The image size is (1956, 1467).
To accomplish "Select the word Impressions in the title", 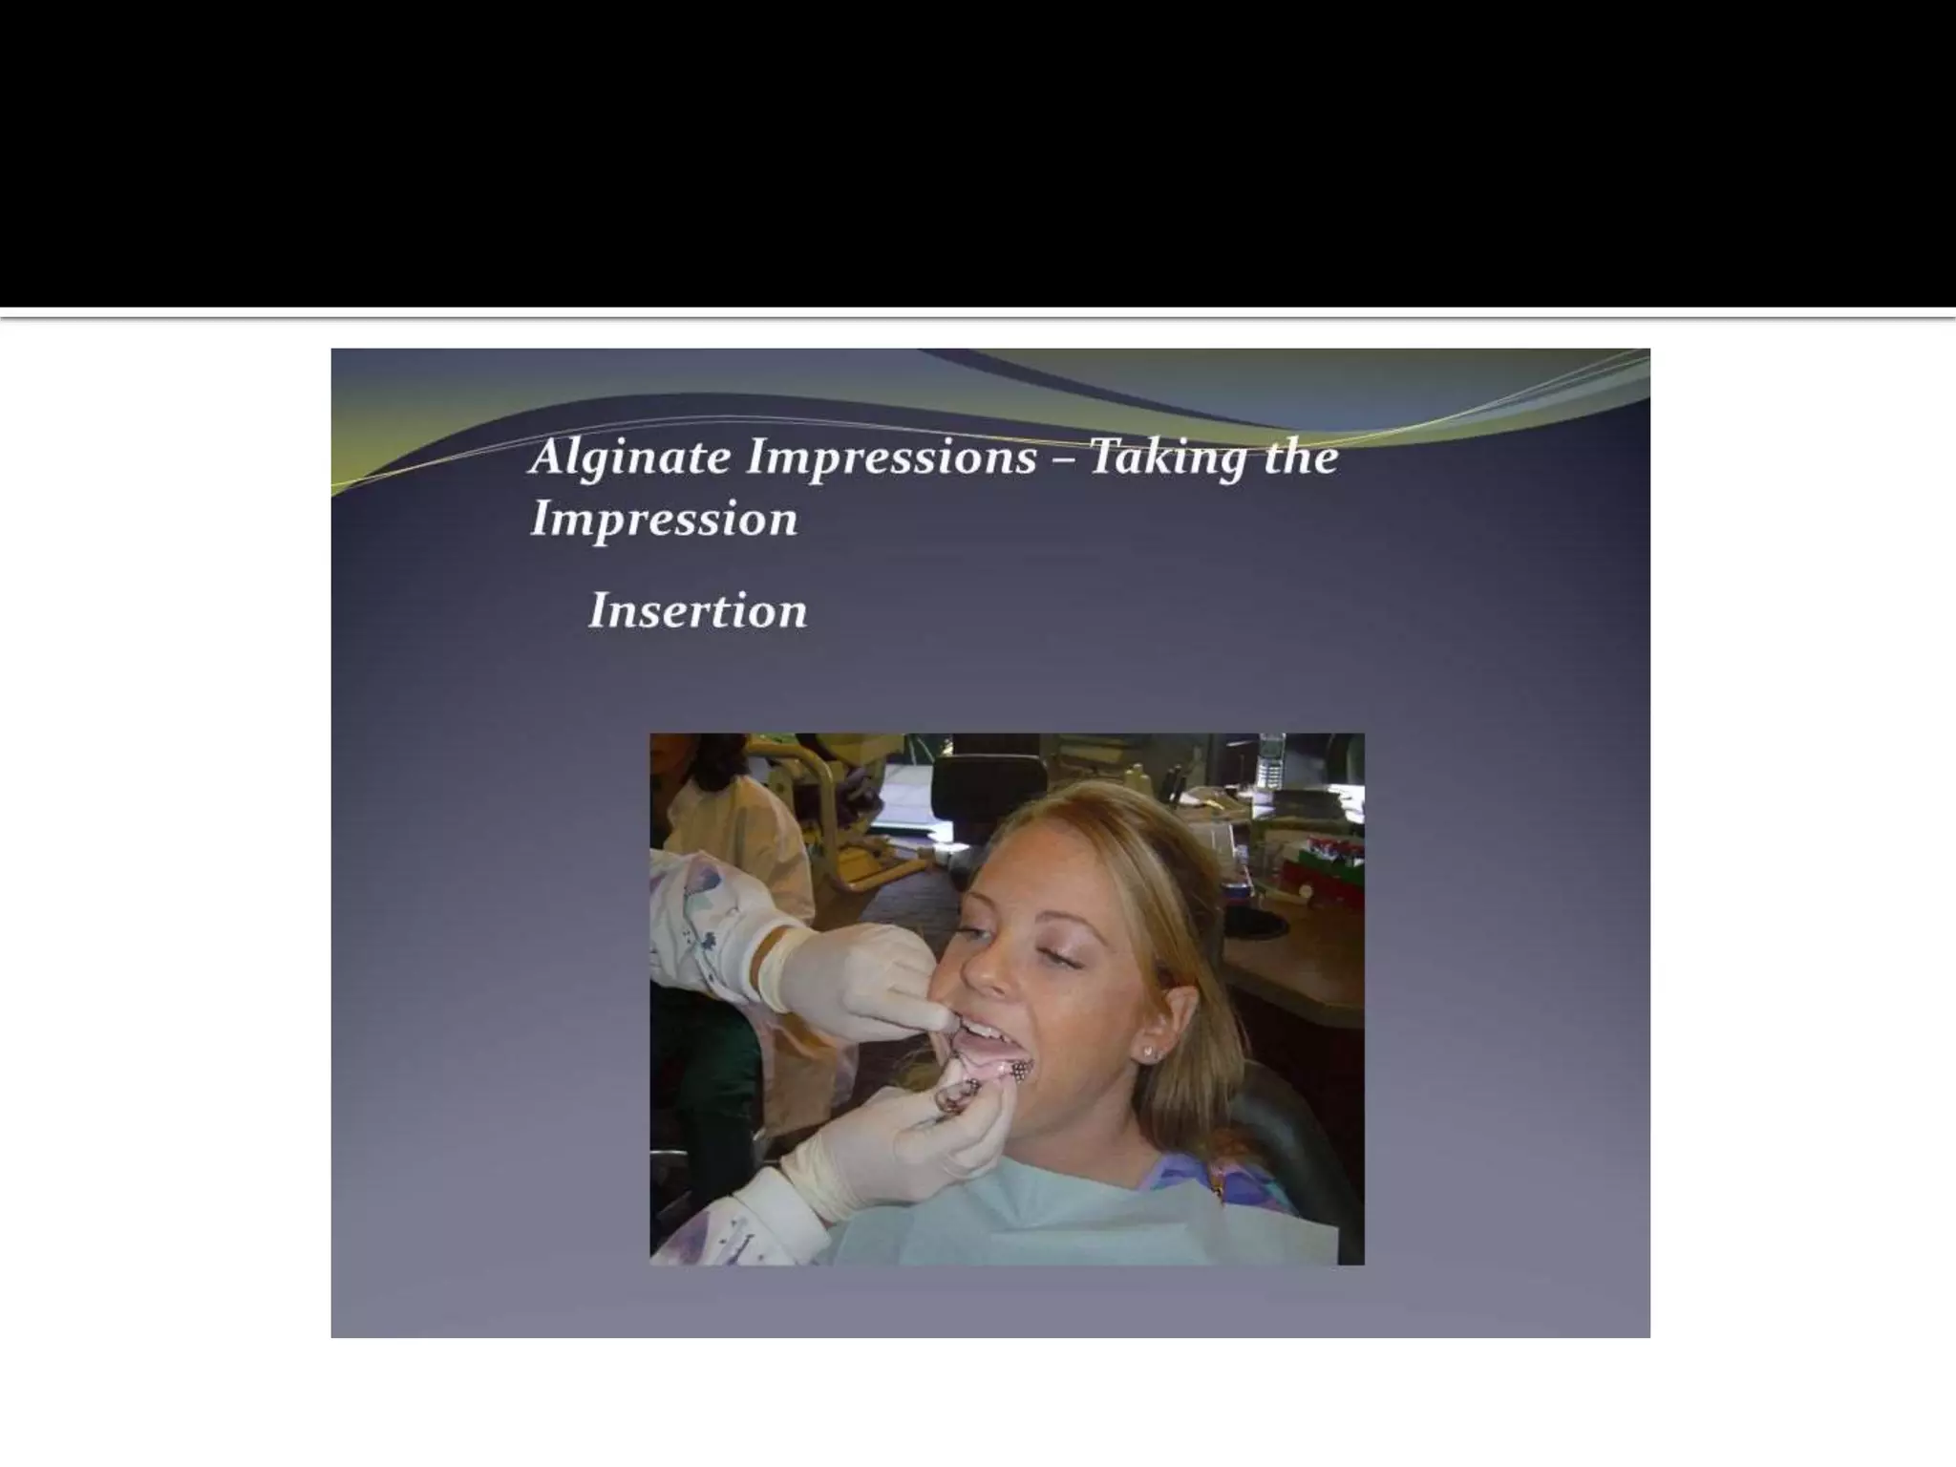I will click(x=891, y=456).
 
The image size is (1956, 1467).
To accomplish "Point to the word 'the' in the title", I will click(x=1300, y=456).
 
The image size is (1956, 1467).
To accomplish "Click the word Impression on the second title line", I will click(x=664, y=520).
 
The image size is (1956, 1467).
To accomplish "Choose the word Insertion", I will click(x=698, y=610).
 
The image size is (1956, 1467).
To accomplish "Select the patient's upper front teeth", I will click(x=976, y=1030).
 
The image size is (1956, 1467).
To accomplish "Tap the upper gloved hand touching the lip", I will click(x=860, y=974).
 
